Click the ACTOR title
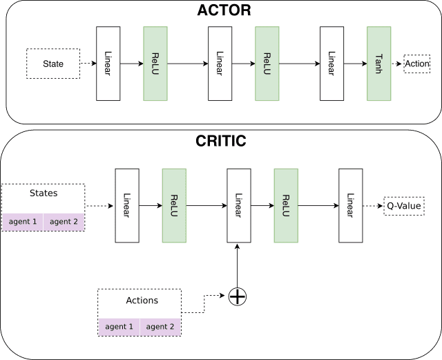point(224,10)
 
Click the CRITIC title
point(221,141)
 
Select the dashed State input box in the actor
point(53,64)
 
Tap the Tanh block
point(379,64)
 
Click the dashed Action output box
point(417,64)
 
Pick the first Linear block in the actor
point(108,64)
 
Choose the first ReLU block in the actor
point(155,64)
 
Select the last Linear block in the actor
point(331,64)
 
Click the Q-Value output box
point(404,206)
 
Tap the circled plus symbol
point(238,296)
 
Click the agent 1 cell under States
point(23,222)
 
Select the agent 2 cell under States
point(64,222)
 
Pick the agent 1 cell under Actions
point(119,327)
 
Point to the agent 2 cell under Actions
point(160,327)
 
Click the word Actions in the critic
point(142,301)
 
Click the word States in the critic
point(44,193)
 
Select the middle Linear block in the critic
point(239,206)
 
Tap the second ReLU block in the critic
point(286,206)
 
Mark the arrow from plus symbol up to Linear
point(238,266)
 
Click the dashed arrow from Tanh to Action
point(396,64)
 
